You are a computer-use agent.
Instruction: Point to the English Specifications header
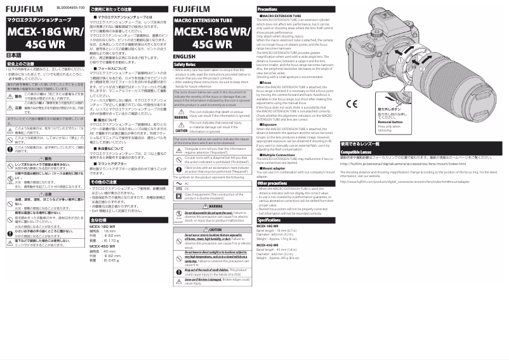(x=269, y=220)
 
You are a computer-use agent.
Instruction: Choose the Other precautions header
(x=273, y=183)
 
